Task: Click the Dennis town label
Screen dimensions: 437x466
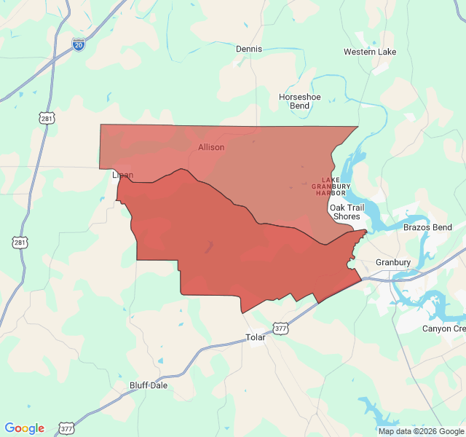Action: click(249, 49)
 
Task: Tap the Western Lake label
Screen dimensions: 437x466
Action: click(370, 52)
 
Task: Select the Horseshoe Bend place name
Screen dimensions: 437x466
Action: click(299, 101)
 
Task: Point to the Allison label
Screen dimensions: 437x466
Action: click(211, 147)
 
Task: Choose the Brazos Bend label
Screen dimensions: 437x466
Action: click(427, 228)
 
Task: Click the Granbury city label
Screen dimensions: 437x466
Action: click(393, 262)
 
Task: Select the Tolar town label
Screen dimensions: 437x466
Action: click(256, 337)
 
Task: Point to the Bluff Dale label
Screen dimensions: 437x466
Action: click(148, 385)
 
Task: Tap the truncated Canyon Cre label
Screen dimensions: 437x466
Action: click(443, 328)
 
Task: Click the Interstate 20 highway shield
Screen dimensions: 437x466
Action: click(79, 44)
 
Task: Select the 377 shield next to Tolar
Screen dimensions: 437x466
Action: click(282, 328)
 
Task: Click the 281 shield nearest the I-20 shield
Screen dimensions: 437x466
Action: click(47, 118)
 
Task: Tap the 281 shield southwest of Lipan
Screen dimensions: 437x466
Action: click(20, 242)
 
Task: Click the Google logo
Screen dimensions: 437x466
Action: click(24, 428)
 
